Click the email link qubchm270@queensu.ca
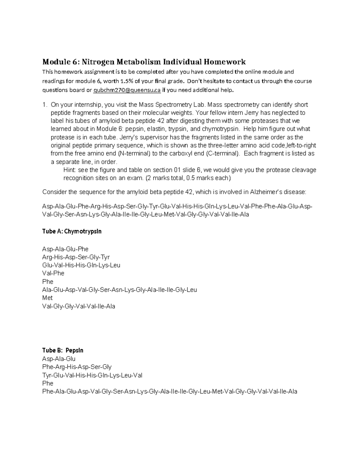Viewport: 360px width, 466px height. coord(127,90)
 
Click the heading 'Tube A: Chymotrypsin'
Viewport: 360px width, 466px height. coord(72,232)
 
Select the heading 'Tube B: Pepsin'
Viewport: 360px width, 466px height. coord(63,350)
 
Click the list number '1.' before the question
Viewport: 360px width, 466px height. coord(45,105)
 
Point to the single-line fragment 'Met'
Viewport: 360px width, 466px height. coord(47,298)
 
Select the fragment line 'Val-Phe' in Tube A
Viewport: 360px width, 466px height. coord(53,273)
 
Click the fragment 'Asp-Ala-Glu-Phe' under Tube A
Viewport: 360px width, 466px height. coord(65,249)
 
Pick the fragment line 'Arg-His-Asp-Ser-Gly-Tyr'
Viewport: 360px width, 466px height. coord(76,257)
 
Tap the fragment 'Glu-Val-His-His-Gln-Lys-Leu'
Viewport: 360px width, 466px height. coord(81,265)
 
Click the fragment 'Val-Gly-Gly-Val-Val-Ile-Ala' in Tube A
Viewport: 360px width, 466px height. coord(79,306)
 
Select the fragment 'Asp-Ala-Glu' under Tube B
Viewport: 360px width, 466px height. coord(59,359)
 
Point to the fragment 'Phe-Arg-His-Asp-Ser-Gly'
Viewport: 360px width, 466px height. coord(77,367)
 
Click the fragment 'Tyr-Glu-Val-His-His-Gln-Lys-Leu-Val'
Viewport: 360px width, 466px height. coord(92,375)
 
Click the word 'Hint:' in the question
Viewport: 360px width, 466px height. coord(70,170)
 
